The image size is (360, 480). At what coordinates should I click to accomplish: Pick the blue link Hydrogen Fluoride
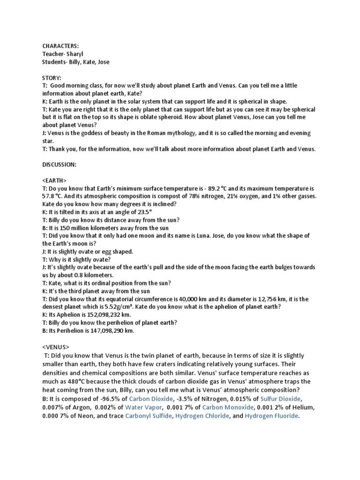[271, 416]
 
